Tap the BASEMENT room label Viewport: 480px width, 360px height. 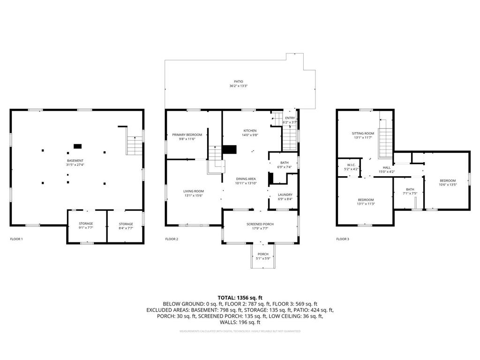tap(75, 161)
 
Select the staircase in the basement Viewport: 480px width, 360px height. tap(135, 145)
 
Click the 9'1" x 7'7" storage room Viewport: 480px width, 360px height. tap(86, 224)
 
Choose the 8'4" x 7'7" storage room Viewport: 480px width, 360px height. tap(126, 224)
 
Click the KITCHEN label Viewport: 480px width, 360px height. tap(250, 130)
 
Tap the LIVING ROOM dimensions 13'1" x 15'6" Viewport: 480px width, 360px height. tap(193, 195)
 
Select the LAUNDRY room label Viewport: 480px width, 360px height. tap(285, 195)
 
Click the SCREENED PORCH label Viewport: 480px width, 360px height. tap(260, 224)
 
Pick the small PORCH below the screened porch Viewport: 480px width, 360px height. tap(262, 256)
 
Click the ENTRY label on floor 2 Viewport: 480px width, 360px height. tap(290, 118)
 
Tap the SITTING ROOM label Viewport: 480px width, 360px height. tap(363, 133)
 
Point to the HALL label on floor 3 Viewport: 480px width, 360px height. tap(387, 167)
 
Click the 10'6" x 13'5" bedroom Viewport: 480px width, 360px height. tap(447, 180)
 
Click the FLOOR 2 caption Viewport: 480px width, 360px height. tap(172, 239)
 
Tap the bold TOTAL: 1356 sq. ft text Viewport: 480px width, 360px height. tap(240, 297)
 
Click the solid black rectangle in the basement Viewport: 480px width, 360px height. tap(78, 146)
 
